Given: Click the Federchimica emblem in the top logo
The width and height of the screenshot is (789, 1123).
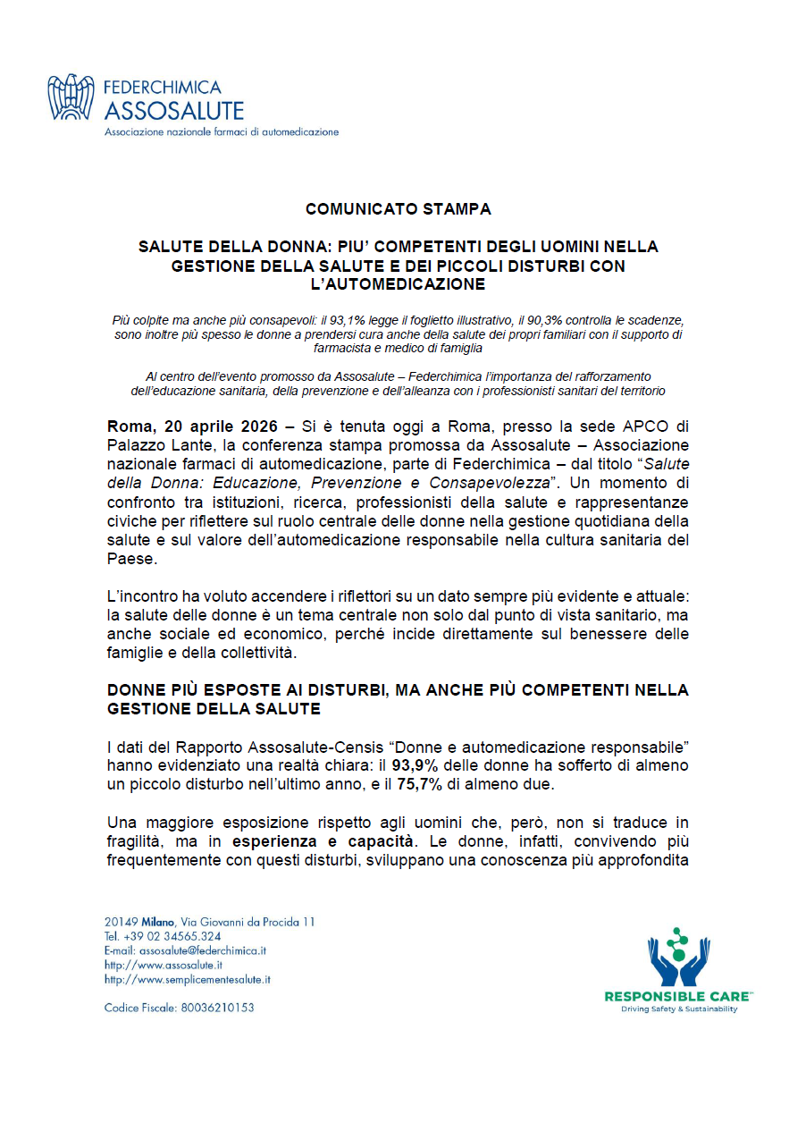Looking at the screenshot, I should tap(71, 97).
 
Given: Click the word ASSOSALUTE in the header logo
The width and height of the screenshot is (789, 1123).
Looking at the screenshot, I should tap(173, 111).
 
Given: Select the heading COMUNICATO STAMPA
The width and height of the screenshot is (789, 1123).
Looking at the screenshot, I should tap(398, 209).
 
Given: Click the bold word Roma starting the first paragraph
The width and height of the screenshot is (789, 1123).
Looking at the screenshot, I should tap(128, 425).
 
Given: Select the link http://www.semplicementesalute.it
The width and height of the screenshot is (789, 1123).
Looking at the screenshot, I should tap(187, 979).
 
